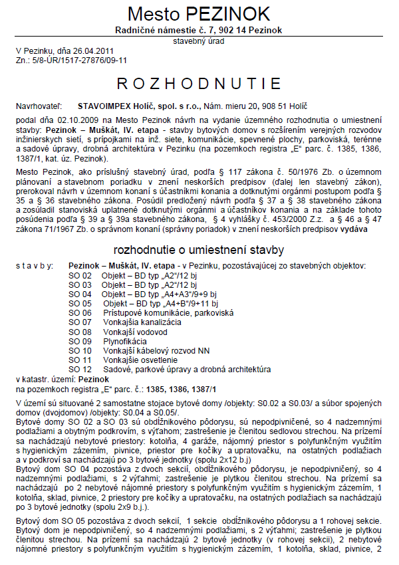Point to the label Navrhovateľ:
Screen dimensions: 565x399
(x=39, y=105)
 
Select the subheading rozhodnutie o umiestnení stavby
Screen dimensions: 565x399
(x=199, y=250)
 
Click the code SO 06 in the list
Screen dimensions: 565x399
(x=80, y=312)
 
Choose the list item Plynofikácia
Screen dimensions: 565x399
(x=124, y=341)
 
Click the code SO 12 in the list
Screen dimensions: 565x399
(x=80, y=369)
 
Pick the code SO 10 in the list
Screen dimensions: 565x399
(x=80, y=350)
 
